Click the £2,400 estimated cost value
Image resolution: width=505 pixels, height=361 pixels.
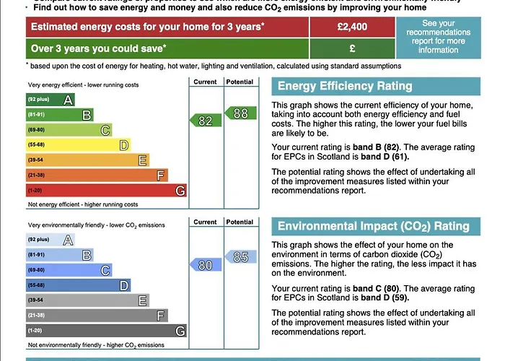352,27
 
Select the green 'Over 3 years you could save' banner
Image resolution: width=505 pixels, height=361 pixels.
167,48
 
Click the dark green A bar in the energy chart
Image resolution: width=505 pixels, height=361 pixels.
50,100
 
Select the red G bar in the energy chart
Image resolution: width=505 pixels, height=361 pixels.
106,191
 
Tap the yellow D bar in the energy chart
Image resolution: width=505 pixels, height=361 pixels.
78,145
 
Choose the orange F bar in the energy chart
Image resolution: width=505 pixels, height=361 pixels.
97,175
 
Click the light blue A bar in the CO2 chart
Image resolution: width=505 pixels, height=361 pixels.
50,240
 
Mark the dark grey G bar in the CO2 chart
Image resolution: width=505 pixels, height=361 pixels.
106,331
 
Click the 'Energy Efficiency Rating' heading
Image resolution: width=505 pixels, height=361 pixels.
345,87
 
